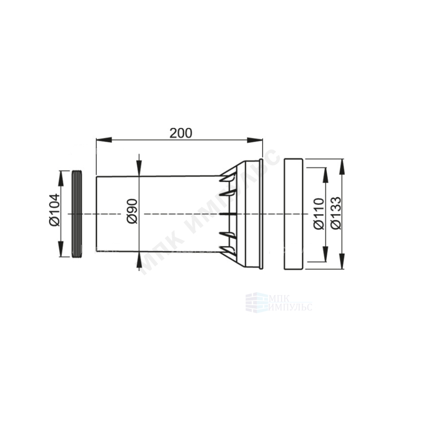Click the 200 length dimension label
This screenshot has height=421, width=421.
pyautogui.click(x=181, y=133)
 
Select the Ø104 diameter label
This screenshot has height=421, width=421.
pyautogui.click(x=55, y=210)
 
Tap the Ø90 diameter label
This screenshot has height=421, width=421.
pyautogui.click(x=132, y=211)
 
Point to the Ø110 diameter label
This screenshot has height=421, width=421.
pyautogui.click(x=319, y=214)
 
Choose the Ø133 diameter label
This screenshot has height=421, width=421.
pyautogui.click(x=336, y=214)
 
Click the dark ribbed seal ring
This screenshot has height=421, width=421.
pyautogui.click(x=77, y=214)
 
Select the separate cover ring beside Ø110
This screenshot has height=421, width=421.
pyautogui.click(x=294, y=214)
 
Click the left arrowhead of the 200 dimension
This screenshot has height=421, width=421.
pyautogui.click(x=104, y=140)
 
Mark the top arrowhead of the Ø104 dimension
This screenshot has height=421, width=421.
pyautogui.click(x=61, y=178)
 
